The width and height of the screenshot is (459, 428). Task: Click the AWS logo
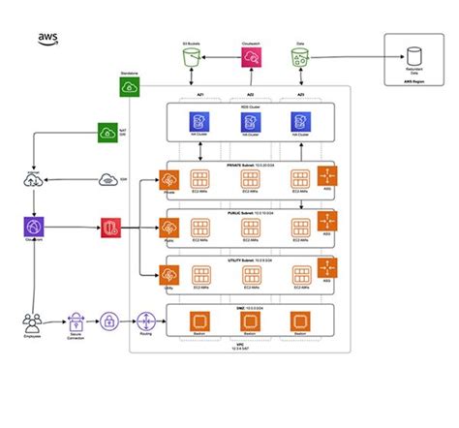tap(48, 38)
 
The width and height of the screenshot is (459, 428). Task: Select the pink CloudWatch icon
tap(250, 59)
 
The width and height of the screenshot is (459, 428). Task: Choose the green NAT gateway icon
tap(107, 133)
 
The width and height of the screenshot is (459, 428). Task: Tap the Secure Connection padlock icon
tap(76, 321)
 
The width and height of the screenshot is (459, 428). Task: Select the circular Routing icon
tap(146, 321)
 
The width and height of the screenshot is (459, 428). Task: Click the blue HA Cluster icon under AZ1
tap(199, 122)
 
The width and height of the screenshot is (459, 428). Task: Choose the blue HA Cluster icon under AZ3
tap(298, 122)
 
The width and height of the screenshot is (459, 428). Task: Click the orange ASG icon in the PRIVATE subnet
tap(327, 177)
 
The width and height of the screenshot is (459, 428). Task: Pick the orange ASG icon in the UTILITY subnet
tap(327, 270)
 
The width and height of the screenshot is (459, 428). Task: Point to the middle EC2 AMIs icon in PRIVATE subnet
tap(249, 180)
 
